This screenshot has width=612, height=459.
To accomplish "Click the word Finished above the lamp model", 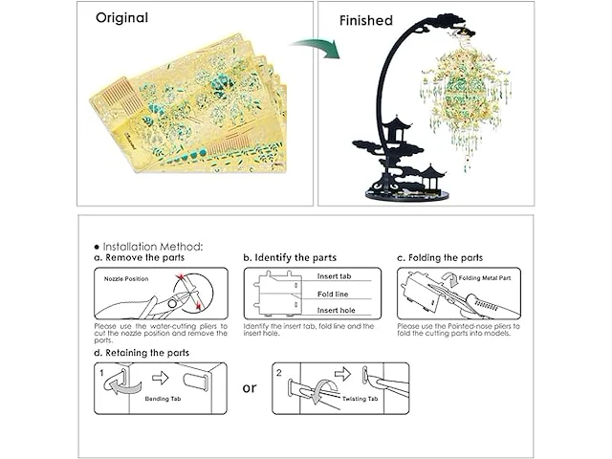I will tap(366, 19).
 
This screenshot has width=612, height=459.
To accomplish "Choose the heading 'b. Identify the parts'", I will tap(289, 258).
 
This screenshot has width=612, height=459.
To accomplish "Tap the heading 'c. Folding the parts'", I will tap(440, 258).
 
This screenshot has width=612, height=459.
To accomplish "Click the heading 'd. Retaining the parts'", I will tap(142, 353).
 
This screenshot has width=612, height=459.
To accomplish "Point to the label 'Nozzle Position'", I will tap(122, 279).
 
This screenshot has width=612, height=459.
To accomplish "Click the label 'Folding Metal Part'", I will tap(489, 278).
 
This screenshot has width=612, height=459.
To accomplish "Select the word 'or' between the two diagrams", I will tap(250, 388).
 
